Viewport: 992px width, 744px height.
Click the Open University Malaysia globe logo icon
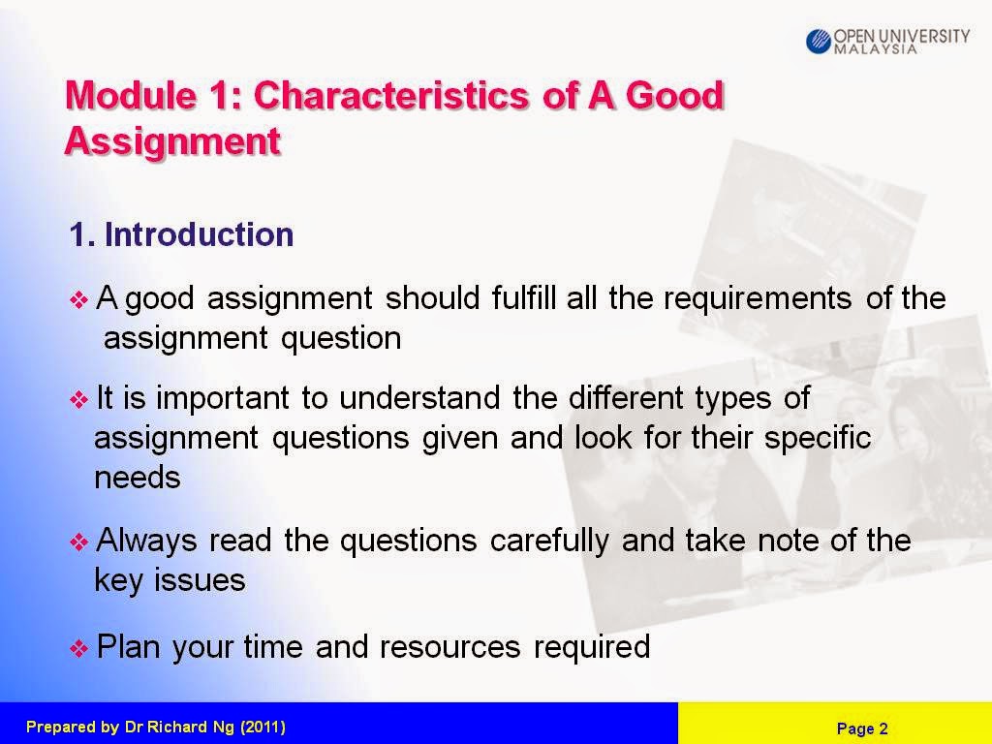pos(818,41)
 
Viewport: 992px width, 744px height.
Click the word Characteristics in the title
pos(391,95)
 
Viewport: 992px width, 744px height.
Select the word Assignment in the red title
pos(172,140)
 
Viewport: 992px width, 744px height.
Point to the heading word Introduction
pos(199,234)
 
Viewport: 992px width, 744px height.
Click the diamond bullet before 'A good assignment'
pos(78,299)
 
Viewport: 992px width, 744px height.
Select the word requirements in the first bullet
pos(758,298)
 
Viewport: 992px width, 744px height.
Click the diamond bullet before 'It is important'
pos(78,399)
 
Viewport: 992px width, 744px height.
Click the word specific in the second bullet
pos(818,438)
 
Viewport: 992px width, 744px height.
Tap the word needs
pos(138,478)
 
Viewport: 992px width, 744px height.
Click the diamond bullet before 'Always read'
pos(78,542)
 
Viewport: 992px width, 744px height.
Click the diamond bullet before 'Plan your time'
pos(78,648)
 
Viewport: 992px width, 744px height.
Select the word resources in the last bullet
pos(449,647)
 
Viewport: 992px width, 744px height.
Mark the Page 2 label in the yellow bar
pos(862,728)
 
